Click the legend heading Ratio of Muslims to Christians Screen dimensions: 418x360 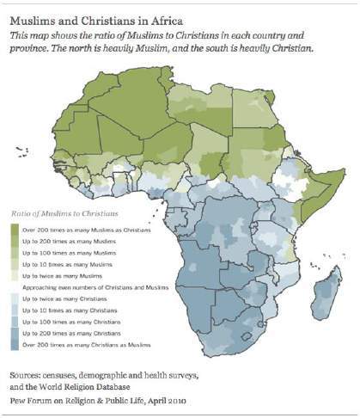point(64,212)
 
